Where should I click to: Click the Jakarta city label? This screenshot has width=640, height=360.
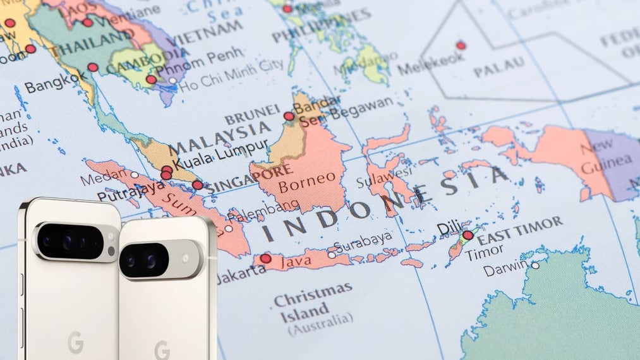241,271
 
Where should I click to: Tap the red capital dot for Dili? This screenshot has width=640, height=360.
468,236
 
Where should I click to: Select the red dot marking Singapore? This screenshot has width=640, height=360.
198,185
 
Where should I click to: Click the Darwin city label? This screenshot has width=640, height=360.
505,270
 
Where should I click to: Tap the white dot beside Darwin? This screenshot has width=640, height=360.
535,265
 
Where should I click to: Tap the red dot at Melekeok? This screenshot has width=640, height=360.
461,45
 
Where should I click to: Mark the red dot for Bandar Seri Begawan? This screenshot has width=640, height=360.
289,116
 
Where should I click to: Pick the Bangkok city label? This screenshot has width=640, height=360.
56,83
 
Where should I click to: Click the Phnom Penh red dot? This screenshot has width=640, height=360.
151,80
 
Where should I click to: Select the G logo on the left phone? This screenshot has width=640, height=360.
76,342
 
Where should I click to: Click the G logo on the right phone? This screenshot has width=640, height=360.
162,349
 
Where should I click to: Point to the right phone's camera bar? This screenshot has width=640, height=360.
160,260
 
